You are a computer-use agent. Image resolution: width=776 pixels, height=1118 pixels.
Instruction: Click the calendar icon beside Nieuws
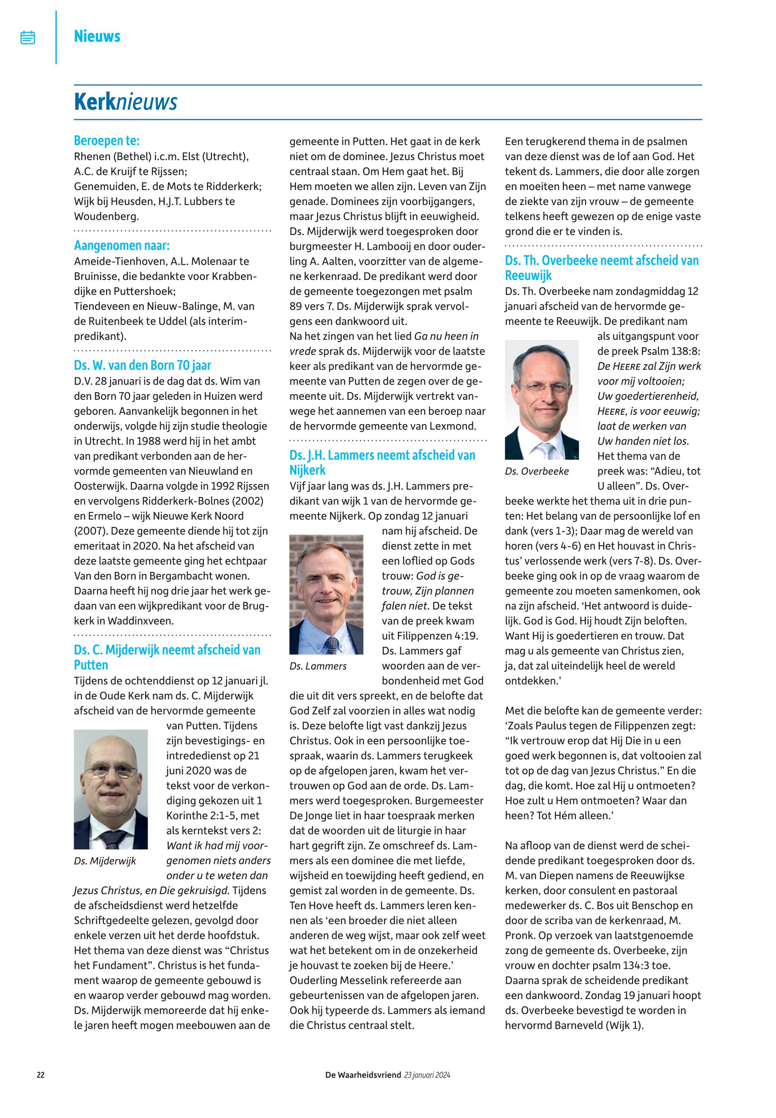(x=28, y=37)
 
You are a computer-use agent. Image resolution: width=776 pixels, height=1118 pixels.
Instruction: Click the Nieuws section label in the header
(x=97, y=37)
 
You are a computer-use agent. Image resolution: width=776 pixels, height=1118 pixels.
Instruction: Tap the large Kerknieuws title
(x=125, y=102)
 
